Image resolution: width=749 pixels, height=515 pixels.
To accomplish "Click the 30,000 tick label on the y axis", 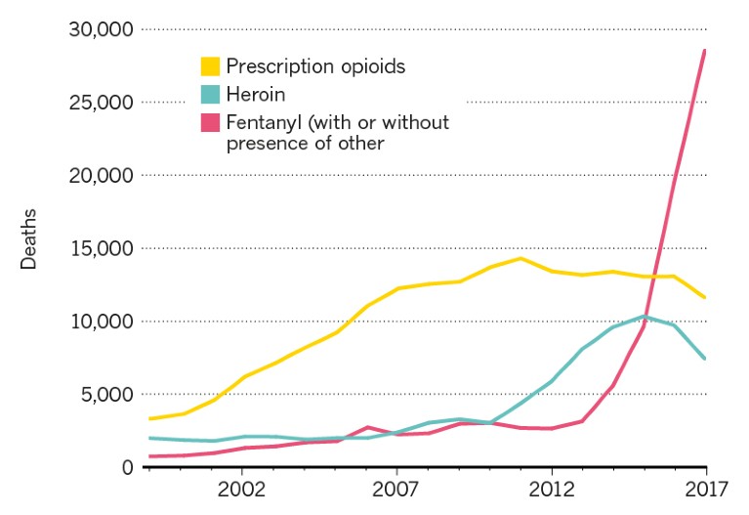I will point(99,29).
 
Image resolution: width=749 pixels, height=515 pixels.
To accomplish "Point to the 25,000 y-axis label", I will point(99,103).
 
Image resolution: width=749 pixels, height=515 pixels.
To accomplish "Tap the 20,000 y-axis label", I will point(99,176).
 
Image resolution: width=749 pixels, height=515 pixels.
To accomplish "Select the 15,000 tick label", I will point(99,248).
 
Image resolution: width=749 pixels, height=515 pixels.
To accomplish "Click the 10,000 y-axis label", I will point(99,322).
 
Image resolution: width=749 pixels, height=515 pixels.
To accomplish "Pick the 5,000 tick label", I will point(105,395).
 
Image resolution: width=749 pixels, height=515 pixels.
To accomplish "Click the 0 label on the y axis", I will point(126,467).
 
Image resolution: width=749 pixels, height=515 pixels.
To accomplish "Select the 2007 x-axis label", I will point(395,488).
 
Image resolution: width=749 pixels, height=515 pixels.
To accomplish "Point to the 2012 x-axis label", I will point(551,488).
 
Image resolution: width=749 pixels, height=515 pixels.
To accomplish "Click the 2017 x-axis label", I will point(704,488).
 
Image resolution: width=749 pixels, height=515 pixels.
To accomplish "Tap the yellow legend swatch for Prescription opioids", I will point(210,66).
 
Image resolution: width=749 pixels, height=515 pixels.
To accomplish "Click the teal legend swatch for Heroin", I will point(210,95).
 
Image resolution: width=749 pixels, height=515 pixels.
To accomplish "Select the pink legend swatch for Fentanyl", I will point(210,122).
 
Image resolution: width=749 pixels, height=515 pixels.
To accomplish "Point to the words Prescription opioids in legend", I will point(314,66).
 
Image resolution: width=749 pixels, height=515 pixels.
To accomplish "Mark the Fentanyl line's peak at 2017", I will point(704,50).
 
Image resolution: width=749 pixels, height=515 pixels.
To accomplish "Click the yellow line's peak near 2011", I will point(521,258).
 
